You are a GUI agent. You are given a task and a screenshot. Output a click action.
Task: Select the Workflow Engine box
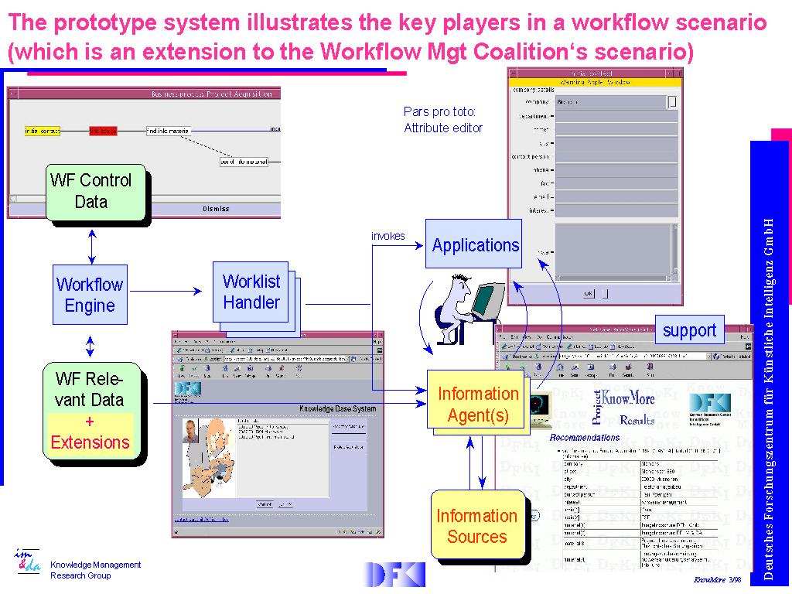[x=90, y=295]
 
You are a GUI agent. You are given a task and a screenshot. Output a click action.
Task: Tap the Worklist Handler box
[x=251, y=292]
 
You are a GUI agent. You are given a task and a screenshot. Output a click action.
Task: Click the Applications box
[x=474, y=245]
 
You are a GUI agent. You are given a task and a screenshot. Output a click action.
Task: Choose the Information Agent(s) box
[x=477, y=405]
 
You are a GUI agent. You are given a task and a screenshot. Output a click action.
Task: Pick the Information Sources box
[x=476, y=526]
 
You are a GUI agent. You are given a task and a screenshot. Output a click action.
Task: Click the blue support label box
[x=689, y=330]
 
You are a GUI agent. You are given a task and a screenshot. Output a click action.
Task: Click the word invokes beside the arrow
[x=387, y=236]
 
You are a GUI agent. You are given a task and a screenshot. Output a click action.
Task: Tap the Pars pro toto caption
[x=443, y=120]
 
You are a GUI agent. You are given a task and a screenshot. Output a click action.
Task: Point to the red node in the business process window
[x=103, y=131]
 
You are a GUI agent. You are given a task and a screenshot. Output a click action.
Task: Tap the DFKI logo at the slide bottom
[x=394, y=574]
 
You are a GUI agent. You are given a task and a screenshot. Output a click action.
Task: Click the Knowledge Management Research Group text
[x=95, y=570]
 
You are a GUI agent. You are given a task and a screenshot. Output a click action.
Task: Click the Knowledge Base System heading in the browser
[x=337, y=408]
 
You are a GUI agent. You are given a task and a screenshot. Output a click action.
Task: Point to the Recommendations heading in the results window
[x=585, y=438]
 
